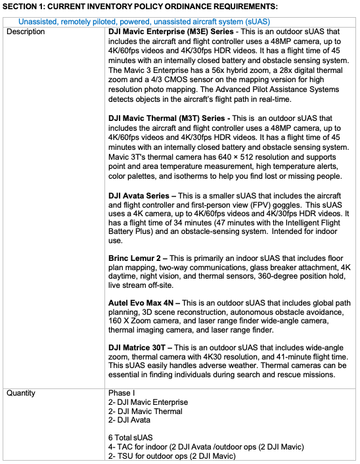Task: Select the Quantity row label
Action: pyautogui.click(x=22, y=393)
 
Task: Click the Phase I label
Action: pyautogui.click(x=122, y=393)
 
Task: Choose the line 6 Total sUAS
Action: pyautogui.click(x=132, y=436)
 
